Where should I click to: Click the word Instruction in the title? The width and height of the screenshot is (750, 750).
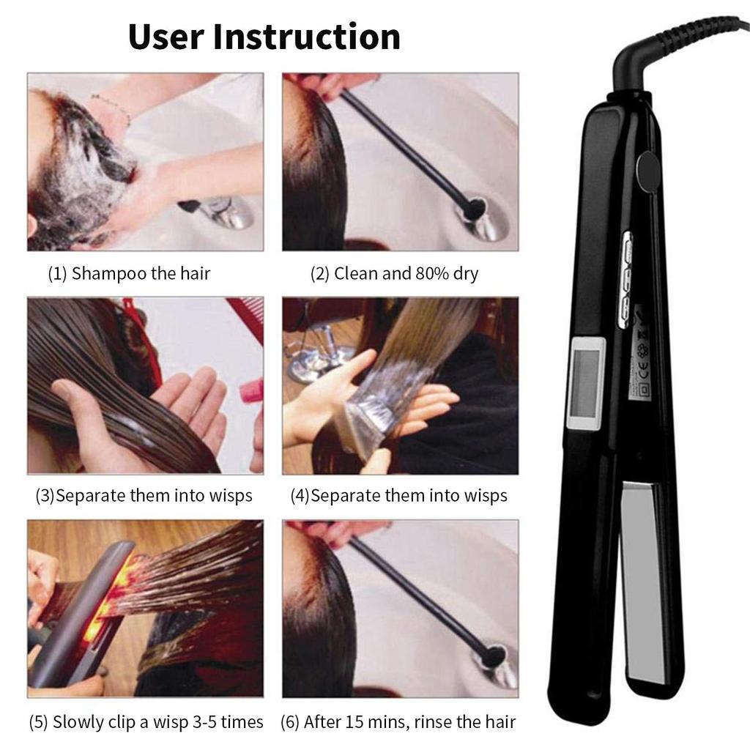point(307,37)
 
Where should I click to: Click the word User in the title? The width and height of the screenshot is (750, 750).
point(166,37)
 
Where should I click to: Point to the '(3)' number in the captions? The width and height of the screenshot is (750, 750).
point(45,496)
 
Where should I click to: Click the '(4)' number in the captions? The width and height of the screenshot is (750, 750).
point(300,496)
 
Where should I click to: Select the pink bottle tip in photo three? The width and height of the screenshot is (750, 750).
point(250,390)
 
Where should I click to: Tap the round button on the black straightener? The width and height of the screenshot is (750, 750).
point(646,168)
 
